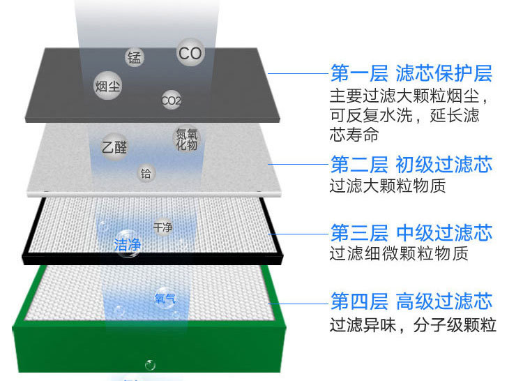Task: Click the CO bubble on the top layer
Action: (190, 52)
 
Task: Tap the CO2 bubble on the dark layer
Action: (171, 100)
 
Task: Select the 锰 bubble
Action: (135, 57)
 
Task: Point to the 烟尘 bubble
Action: (107, 87)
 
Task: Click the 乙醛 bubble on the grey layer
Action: (114, 147)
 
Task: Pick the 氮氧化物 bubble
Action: (186, 139)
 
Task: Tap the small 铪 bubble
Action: (146, 173)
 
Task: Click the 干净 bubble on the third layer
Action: (162, 227)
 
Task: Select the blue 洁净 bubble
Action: (128, 244)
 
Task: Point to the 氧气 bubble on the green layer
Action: (165, 299)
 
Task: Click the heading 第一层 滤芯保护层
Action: (411, 73)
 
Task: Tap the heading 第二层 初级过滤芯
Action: (411, 165)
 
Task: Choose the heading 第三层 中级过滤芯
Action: (411, 232)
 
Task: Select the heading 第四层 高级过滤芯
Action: (411, 301)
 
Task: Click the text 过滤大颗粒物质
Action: (387, 186)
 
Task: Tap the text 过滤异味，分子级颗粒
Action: (412, 324)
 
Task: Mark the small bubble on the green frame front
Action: (150, 365)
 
